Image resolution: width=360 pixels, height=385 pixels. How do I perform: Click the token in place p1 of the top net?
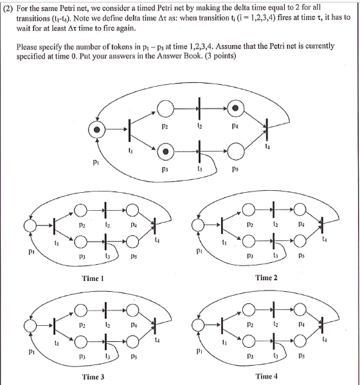97,131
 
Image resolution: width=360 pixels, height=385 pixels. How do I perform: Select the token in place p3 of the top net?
166,152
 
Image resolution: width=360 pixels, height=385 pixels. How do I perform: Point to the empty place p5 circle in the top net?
237,152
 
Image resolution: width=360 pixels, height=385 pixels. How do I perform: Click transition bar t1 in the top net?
129,131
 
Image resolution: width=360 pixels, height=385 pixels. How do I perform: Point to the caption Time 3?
93,377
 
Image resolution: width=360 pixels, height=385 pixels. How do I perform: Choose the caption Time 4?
266,377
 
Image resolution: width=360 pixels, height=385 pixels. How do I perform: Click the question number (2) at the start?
12,8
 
